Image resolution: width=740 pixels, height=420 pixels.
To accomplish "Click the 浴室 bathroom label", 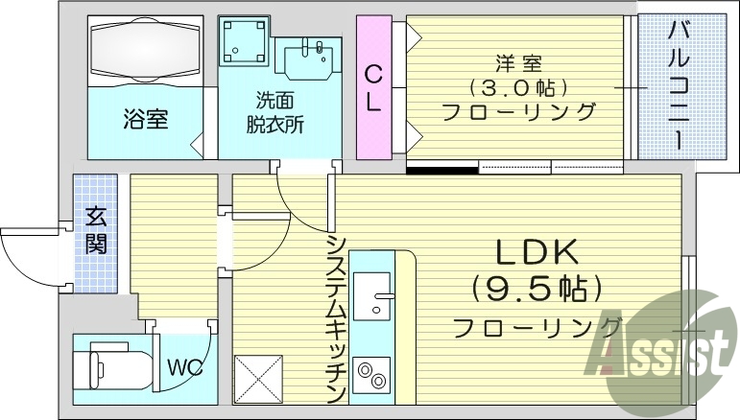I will [x=145, y=120].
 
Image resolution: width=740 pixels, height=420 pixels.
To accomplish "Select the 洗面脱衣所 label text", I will [x=279, y=111].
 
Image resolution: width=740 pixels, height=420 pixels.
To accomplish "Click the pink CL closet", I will [x=373, y=86].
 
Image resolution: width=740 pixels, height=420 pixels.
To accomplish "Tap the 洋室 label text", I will [x=518, y=65].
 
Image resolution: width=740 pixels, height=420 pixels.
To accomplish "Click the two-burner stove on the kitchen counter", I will [x=371, y=374].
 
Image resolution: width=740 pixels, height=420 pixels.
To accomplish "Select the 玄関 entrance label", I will [x=96, y=230].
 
